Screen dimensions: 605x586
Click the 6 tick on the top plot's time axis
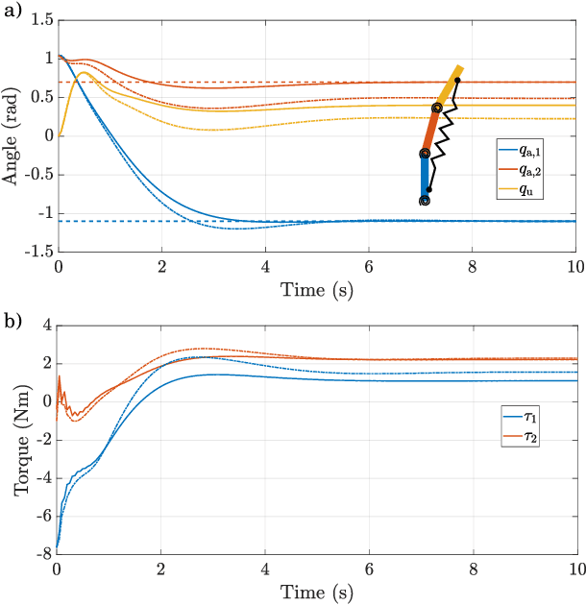click(x=368, y=267)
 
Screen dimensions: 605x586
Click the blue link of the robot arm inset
click(x=424, y=178)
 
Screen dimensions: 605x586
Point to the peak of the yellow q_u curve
click(x=83, y=72)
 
